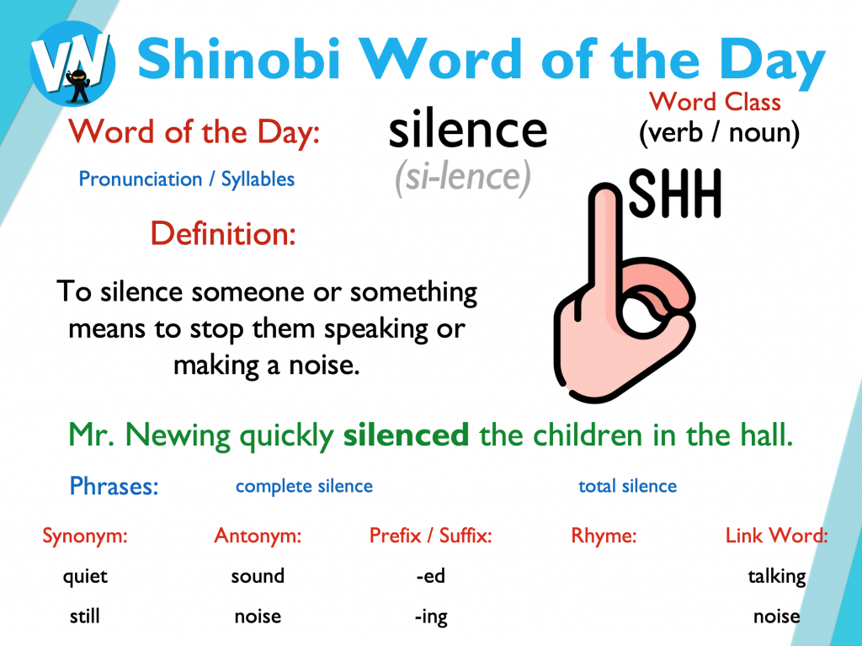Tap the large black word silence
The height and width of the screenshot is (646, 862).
468,130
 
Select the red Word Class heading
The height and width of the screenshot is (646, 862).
715,102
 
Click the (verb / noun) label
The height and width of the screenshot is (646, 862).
719,133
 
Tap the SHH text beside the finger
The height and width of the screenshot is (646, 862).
674,194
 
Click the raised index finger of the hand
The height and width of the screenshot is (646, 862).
605,242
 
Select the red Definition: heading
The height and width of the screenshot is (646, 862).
223,233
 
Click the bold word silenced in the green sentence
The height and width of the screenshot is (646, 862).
407,435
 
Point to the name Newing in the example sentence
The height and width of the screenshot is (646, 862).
178,435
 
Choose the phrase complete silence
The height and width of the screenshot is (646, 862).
304,487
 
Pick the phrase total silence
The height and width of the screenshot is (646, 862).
628,486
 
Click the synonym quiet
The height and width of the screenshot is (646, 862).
85,577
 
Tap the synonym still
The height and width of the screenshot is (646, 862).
85,617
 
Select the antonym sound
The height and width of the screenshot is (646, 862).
258,576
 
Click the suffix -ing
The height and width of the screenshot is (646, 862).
432,617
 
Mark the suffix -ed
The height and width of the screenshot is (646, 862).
430,576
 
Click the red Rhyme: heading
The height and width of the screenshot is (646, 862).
604,536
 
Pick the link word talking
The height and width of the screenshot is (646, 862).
777,577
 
